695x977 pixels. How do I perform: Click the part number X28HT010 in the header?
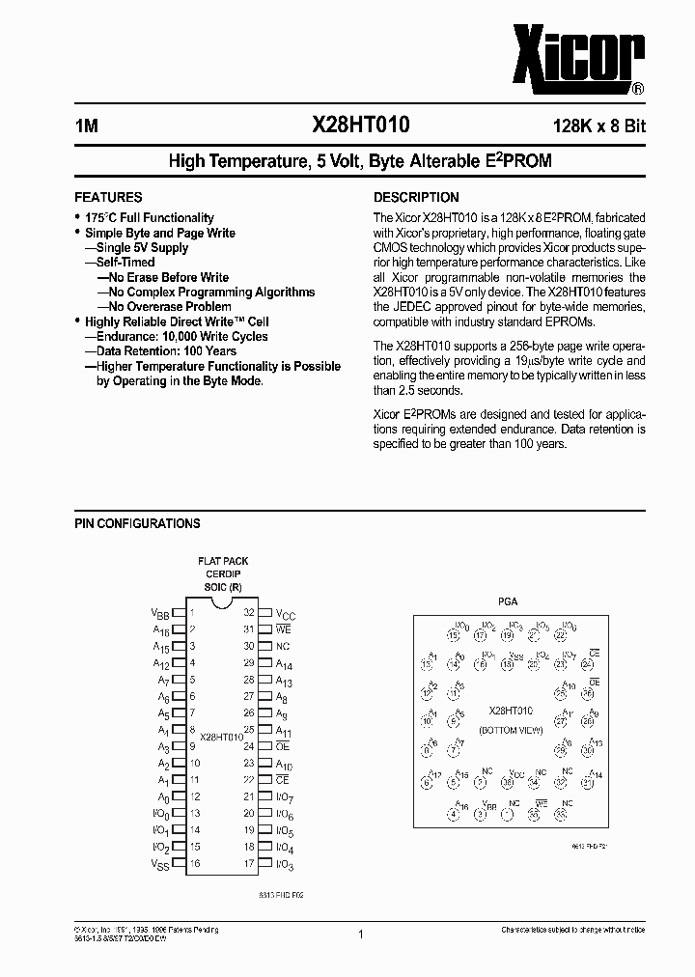tap(360, 124)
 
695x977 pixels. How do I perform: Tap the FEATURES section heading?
tap(108, 197)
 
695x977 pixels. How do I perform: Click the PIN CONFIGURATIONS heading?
tap(137, 523)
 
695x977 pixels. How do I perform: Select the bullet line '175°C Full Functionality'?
tap(149, 218)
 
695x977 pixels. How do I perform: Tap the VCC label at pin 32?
tap(286, 613)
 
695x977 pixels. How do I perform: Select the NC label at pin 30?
tap(282, 647)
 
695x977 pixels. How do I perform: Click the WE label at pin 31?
tap(284, 629)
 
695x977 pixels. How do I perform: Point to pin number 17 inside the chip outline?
tap(249, 864)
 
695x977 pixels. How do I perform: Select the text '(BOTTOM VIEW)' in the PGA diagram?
tap(512, 730)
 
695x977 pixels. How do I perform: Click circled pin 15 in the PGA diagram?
tap(453, 634)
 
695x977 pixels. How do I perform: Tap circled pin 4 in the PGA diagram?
tap(453, 813)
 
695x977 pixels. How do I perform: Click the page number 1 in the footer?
tap(360, 935)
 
